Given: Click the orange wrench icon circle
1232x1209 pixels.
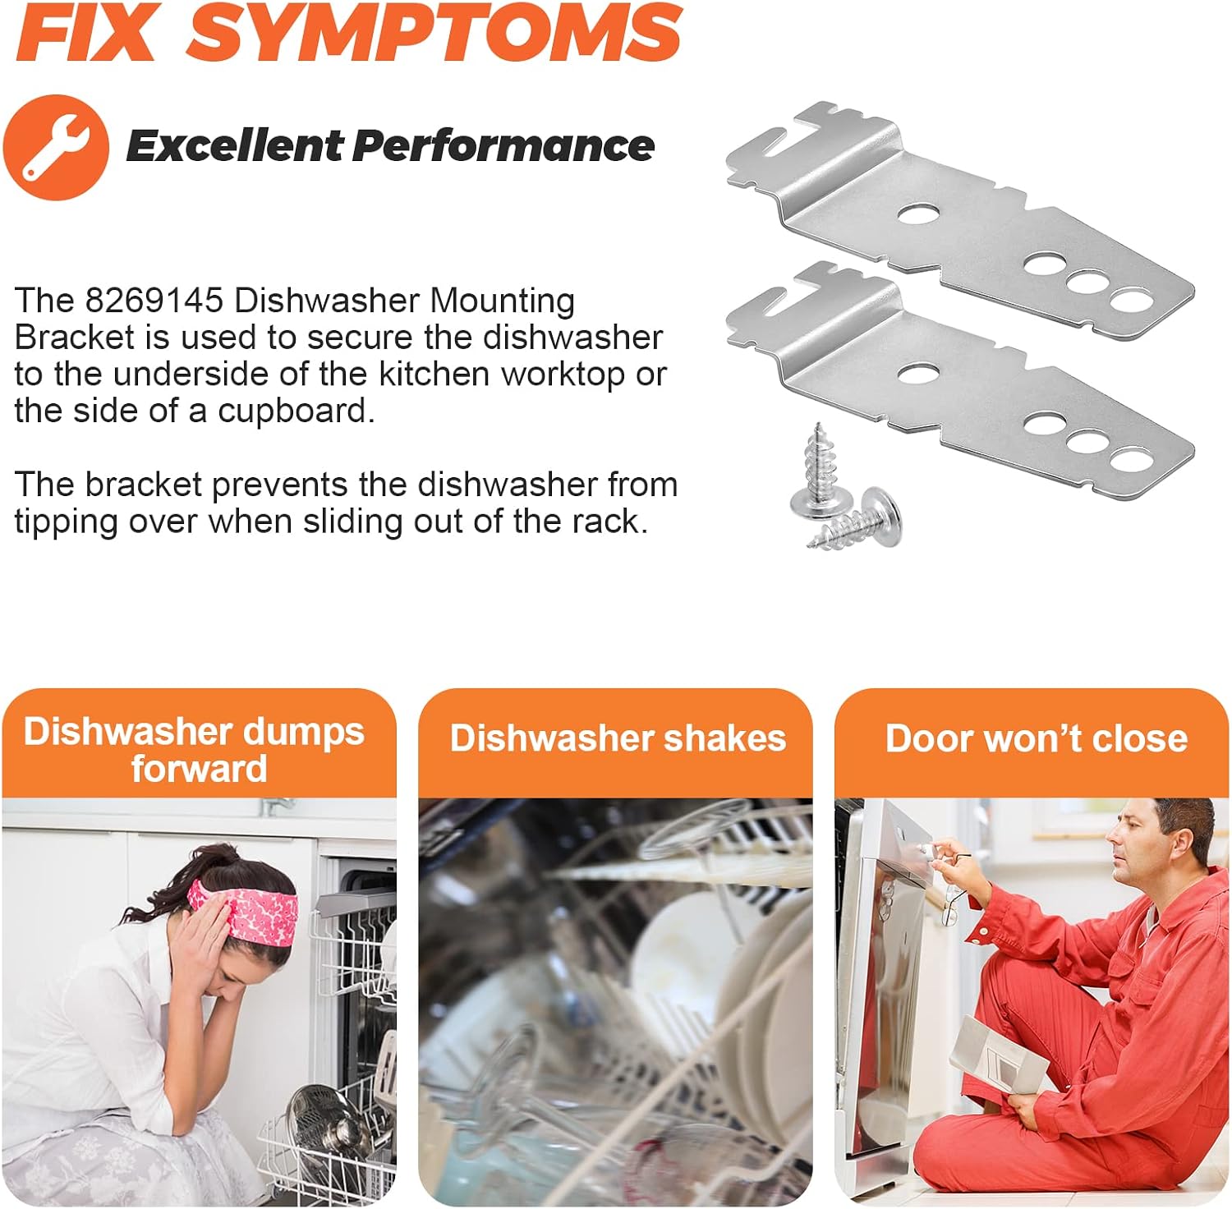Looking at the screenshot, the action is [56, 147].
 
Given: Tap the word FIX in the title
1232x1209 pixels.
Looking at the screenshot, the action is [86, 32].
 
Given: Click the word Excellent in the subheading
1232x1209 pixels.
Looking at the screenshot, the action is [235, 145].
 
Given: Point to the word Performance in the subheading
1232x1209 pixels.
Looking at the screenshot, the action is [503, 145].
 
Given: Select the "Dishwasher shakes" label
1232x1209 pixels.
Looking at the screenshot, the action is [618, 738].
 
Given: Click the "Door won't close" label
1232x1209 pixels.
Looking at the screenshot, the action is [1037, 738].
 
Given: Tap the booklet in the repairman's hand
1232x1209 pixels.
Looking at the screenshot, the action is [998, 1057].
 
